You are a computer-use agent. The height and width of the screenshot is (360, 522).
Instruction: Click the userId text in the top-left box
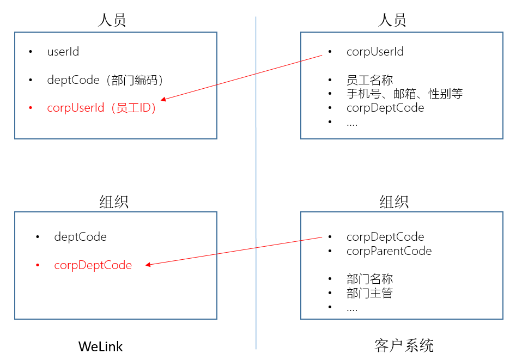(x=63, y=52)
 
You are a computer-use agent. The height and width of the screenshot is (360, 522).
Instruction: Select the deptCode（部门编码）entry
(x=106, y=80)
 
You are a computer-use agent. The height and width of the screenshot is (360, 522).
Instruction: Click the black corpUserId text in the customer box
(x=375, y=52)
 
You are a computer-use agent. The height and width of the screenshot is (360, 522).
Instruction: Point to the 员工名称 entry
(x=369, y=80)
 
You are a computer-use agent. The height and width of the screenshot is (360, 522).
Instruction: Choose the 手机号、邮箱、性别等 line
(x=404, y=94)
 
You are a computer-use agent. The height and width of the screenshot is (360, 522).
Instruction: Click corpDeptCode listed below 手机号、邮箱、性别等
(x=385, y=108)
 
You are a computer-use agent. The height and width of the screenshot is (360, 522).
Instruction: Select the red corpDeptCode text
(x=93, y=265)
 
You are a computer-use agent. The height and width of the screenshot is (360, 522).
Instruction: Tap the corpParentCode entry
(x=389, y=251)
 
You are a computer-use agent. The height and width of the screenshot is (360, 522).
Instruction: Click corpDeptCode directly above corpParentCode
(x=385, y=237)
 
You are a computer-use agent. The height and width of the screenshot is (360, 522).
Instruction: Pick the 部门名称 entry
(x=369, y=279)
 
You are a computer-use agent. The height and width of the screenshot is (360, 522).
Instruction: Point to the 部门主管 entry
(x=369, y=293)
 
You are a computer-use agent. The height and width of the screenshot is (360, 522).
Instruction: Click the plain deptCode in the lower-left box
(x=81, y=237)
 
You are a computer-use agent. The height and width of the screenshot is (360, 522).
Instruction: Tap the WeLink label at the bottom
(x=101, y=346)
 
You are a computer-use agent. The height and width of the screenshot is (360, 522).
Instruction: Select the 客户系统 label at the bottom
(x=404, y=345)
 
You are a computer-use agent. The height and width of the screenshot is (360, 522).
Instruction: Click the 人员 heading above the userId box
(x=112, y=21)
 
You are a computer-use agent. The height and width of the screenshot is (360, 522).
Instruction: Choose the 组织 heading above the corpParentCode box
(x=393, y=203)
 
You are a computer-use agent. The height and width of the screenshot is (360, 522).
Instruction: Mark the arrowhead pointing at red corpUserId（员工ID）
(x=163, y=99)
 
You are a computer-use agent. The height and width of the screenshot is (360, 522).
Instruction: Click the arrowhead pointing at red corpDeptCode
(x=148, y=265)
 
